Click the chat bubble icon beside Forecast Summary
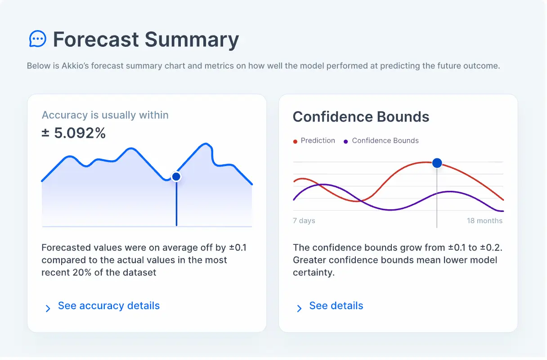click(x=37, y=39)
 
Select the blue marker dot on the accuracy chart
click(x=176, y=176)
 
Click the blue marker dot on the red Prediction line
click(x=437, y=163)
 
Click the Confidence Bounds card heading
click(x=361, y=117)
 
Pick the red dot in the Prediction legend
click(x=295, y=141)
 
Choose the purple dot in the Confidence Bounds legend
click(x=346, y=141)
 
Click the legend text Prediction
click(x=318, y=141)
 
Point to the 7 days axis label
click(x=304, y=220)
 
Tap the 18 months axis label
click(x=484, y=220)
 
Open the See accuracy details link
click(x=109, y=306)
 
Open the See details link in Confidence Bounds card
click(x=336, y=306)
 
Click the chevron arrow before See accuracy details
click(x=48, y=308)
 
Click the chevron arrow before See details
click(x=299, y=308)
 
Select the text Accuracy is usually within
click(x=105, y=115)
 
